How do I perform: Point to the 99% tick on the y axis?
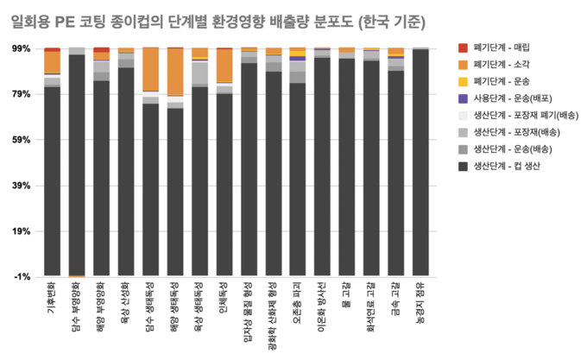(20, 48)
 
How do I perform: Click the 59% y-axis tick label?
(20, 140)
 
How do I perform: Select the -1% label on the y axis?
(22, 276)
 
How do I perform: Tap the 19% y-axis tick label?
(20, 231)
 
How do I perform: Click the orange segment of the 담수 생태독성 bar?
(151, 69)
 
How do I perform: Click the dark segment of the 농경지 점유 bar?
(420, 164)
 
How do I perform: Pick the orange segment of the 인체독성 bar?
(224, 66)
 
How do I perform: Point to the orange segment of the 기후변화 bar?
(53, 63)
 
